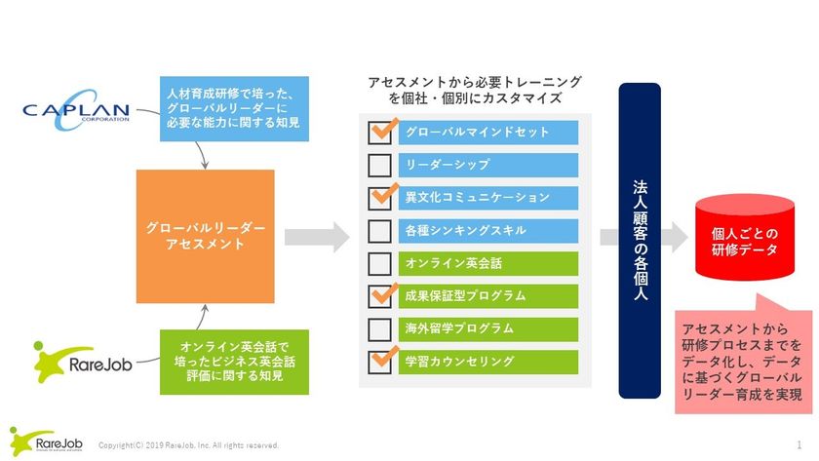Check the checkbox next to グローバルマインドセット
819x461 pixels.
(380, 132)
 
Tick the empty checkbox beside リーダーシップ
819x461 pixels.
(380, 165)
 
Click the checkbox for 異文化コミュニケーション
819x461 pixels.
(380, 198)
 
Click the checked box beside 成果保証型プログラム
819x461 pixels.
(380, 296)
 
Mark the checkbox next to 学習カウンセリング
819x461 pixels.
(380, 362)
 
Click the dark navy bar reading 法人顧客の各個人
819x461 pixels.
(641, 240)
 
